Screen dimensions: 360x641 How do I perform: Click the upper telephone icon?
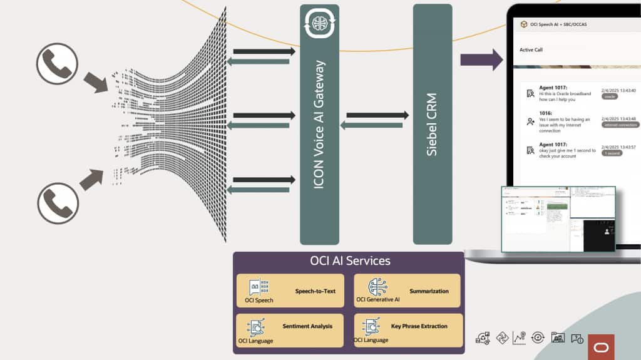[57, 63]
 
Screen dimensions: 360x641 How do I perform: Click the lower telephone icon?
[58, 203]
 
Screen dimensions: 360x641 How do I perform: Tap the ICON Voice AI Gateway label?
[319, 125]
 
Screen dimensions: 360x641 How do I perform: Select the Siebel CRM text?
[431, 124]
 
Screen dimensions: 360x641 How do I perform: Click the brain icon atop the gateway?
[320, 24]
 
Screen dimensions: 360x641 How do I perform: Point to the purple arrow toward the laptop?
[481, 59]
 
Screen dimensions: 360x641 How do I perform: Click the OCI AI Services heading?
[350, 260]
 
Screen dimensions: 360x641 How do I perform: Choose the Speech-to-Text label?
[315, 291]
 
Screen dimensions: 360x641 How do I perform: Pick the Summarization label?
[429, 291]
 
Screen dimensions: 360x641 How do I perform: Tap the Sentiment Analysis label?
[307, 326]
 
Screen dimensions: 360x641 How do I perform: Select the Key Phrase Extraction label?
[419, 326]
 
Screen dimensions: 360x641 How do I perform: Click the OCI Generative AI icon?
[377, 287]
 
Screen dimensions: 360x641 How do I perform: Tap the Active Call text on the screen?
[531, 49]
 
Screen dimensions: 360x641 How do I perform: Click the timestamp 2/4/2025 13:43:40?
[618, 90]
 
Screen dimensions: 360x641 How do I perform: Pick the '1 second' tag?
[613, 153]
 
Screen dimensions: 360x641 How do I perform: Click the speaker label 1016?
[546, 113]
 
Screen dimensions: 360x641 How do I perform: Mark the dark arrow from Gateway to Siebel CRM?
[377, 115]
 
